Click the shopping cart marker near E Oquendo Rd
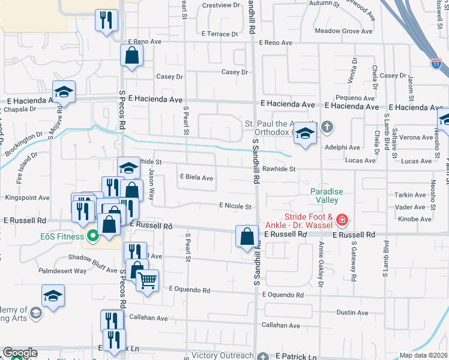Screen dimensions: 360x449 click(147, 280)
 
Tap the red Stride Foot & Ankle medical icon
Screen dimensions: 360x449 click(342, 220)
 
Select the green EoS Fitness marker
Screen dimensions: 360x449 click(92, 236)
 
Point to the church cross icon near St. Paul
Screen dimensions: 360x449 click(327, 127)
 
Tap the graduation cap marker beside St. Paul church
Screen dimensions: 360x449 click(305, 136)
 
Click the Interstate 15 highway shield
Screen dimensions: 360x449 click(436, 62)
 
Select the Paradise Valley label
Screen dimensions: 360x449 click(327, 196)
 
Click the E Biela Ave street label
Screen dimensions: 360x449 click(197, 178)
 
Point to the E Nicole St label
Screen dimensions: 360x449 click(235, 206)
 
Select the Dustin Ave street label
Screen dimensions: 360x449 click(352, 313)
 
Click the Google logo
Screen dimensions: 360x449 click(20, 353)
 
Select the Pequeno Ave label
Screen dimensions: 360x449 click(355, 98)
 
